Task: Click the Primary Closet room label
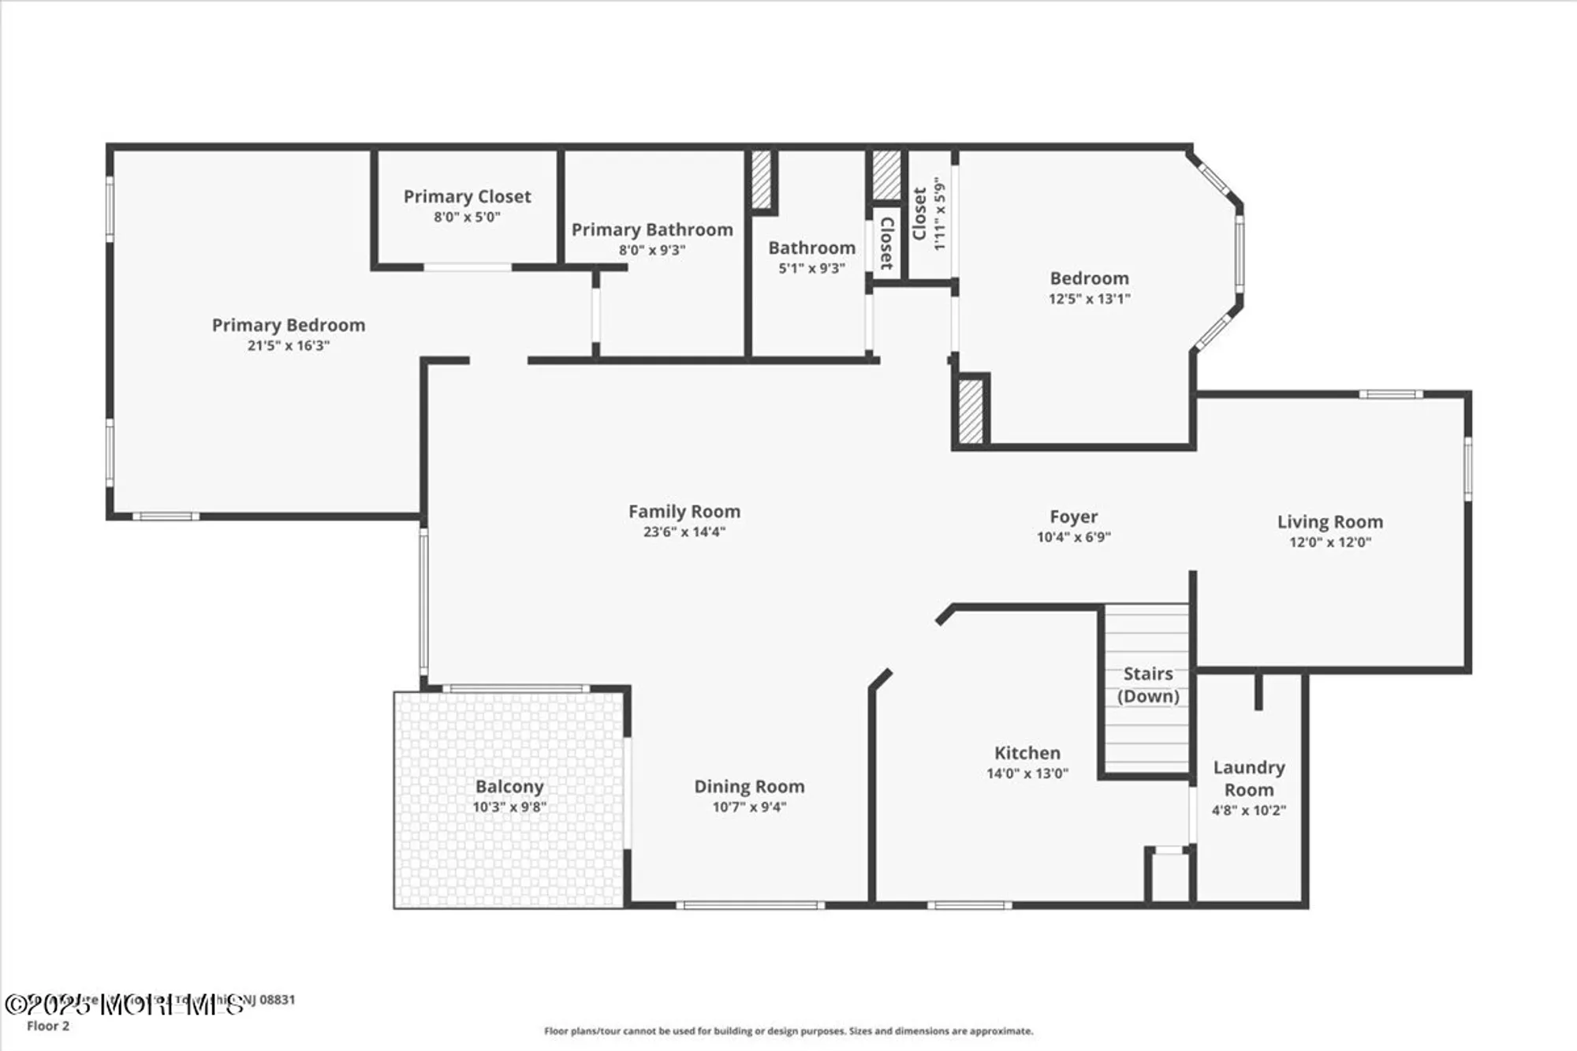[x=467, y=196]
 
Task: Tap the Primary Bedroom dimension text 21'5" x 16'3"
[x=288, y=345]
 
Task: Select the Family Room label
[x=684, y=512]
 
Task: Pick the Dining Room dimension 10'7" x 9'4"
[x=749, y=807]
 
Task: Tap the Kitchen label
[x=1027, y=753]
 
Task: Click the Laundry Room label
[x=1248, y=778]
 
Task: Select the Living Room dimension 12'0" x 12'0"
[x=1329, y=542]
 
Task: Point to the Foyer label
[x=1073, y=516]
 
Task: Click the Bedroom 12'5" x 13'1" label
[x=1089, y=278]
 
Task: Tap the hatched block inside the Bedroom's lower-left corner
[x=971, y=411]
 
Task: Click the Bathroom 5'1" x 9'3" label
[x=811, y=248]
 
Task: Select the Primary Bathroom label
[x=652, y=229]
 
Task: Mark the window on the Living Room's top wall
[x=1390, y=394]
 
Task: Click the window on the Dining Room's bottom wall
[x=750, y=905]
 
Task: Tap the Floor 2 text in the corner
[x=48, y=1026]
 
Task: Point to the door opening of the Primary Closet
[x=468, y=267]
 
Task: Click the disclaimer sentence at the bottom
[x=788, y=1031]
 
